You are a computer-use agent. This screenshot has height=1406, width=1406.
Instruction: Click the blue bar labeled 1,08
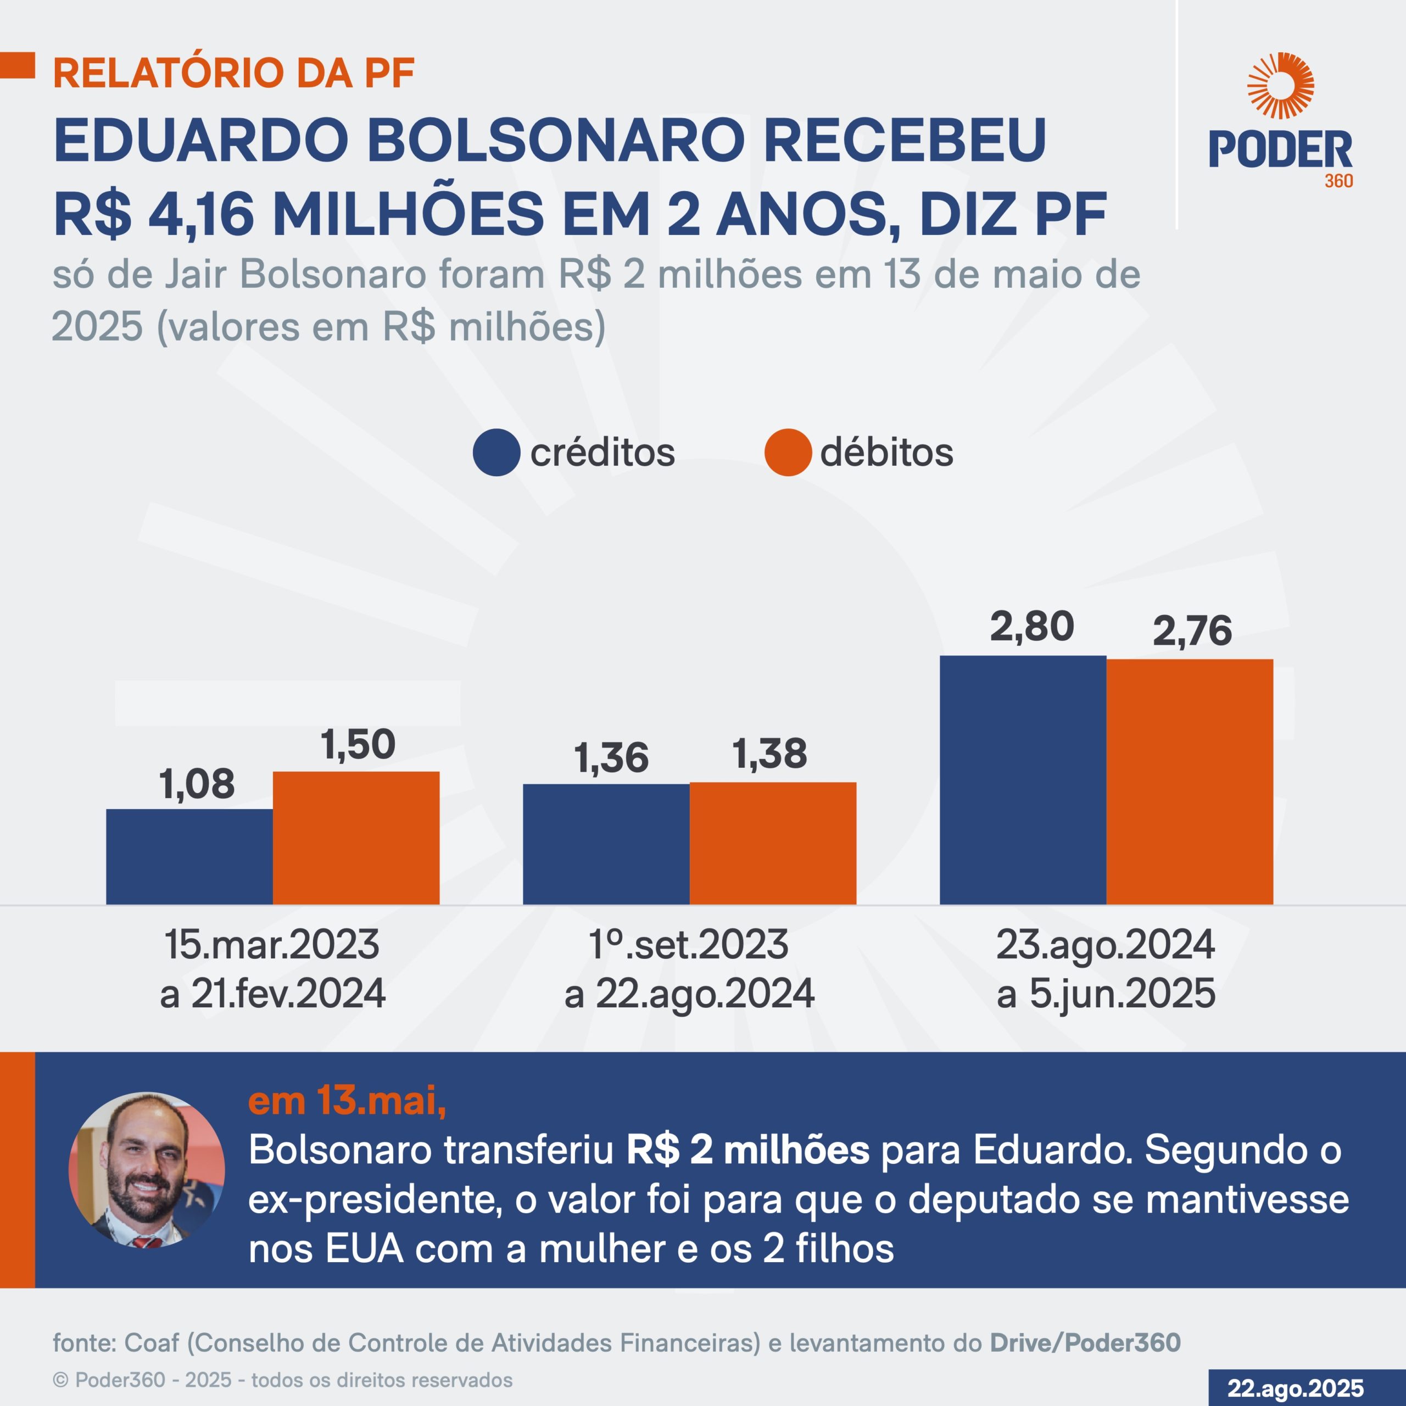(x=189, y=857)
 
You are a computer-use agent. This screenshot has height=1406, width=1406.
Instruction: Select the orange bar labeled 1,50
(x=356, y=838)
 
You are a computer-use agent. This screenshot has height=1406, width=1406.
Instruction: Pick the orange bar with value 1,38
(x=773, y=844)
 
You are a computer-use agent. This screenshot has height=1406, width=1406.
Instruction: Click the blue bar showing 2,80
(x=1023, y=780)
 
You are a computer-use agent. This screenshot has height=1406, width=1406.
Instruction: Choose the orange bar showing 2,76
(x=1189, y=782)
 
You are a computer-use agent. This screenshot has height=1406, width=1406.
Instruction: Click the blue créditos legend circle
(x=496, y=453)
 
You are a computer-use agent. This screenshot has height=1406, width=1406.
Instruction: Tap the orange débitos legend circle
(x=788, y=453)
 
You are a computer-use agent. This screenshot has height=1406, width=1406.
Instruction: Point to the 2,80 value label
(x=1031, y=627)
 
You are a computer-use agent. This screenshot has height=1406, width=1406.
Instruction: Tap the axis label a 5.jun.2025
(x=1106, y=994)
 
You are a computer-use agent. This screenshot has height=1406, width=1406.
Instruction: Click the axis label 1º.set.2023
(x=688, y=945)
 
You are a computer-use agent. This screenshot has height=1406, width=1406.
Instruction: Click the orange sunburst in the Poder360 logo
(x=1280, y=86)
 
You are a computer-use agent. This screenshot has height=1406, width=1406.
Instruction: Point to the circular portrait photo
(x=146, y=1169)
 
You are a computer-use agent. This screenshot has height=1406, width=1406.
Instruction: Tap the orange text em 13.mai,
(x=347, y=1100)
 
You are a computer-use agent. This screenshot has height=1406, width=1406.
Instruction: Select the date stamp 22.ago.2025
(x=1296, y=1388)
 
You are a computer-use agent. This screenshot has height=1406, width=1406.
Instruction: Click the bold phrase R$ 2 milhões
(x=747, y=1151)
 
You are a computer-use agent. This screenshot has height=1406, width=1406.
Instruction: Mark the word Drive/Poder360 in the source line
(x=1084, y=1343)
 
